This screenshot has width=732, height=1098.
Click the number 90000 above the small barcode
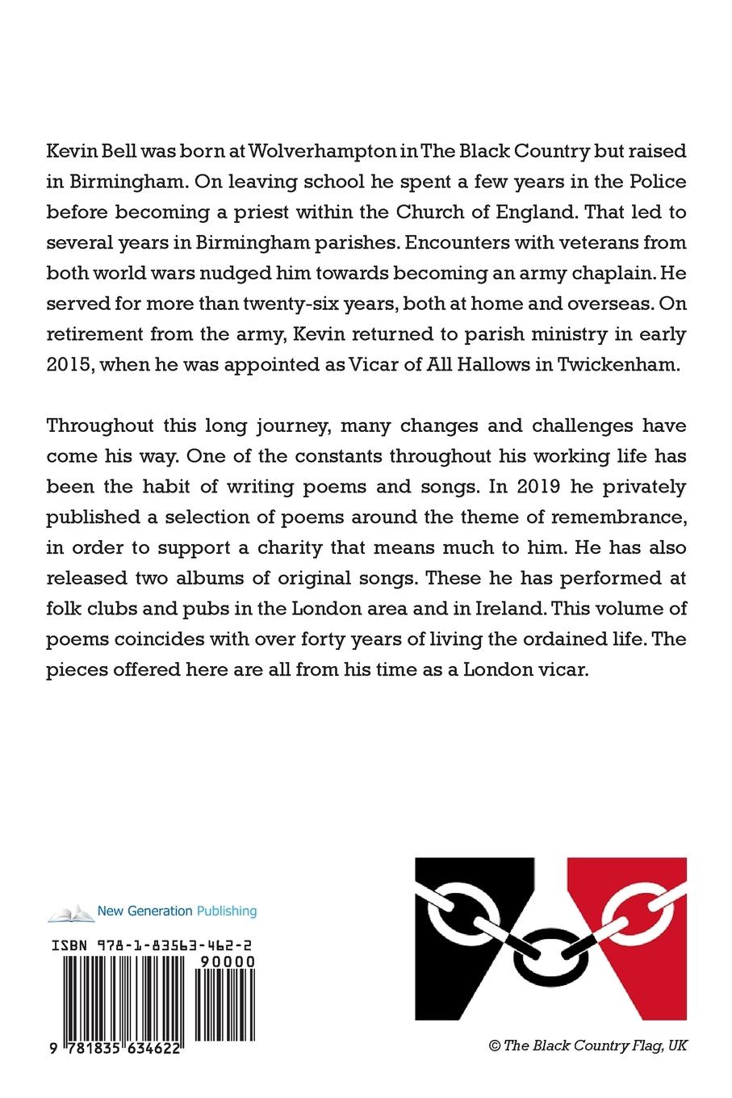click(226, 962)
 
